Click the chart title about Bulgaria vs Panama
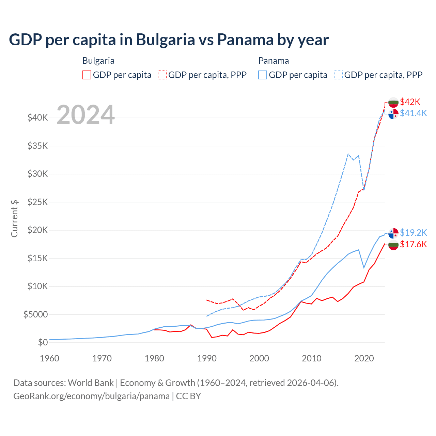(x=169, y=40)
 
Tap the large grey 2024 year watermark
(x=85, y=115)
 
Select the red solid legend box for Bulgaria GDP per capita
(x=87, y=75)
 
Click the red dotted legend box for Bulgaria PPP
(x=162, y=75)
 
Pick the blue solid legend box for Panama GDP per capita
(x=263, y=75)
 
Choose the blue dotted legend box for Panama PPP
(x=338, y=75)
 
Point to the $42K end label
(x=410, y=102)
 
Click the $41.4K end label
(x=413, y=113)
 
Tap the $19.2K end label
(x=413, y=233)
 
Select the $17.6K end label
(x=413, y=244)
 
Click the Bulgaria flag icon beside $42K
(x=393, y=102)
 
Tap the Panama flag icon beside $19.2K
(x=393, y=233)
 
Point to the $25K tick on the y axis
(x=38, y=202)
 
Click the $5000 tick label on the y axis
(x=35, y=314)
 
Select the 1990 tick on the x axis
(x=207, y=358)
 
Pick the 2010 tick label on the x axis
(x=312, y=358)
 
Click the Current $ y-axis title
(x=14, y=218)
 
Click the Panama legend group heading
(x=274, y=61)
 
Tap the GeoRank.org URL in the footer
(x=91, y=396)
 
